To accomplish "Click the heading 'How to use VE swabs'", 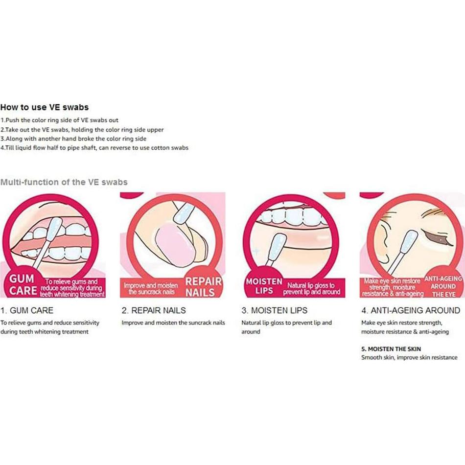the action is coord(45,107).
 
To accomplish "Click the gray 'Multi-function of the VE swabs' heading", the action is coord(64,182).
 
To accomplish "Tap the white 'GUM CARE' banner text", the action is coord(23,285).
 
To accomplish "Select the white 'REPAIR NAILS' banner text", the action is coord(204,287).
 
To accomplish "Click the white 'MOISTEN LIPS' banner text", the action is coord(264,286).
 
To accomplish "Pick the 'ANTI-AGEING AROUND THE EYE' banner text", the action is coord(443,286).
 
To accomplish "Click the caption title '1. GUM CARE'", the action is coord(27,310).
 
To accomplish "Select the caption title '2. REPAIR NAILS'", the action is coord(154,310).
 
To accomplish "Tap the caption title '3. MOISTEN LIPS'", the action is coord(274,310).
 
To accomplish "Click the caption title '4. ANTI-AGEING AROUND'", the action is coord(411,310).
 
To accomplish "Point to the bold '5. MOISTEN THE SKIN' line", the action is coord(391,349).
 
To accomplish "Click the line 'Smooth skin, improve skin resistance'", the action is coord(409,358).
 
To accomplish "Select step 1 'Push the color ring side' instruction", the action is coord(59,120).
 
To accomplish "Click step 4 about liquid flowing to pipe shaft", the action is coord(94,148).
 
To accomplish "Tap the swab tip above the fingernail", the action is coord(184,212).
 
